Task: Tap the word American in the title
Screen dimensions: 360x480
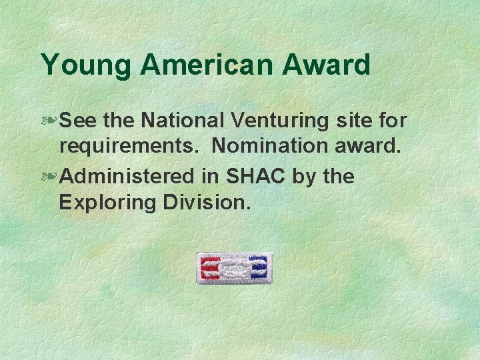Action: pyautogui.click(x=207, y=65)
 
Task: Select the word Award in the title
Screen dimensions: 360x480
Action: pyautogui.click(x=327, y=65)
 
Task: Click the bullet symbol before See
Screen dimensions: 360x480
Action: pyautogui.click(x=49, y=120)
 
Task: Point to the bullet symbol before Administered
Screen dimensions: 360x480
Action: pyautogui.click(x=49, y=177)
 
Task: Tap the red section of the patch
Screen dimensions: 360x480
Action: pyautogui.click(x=211, y=268)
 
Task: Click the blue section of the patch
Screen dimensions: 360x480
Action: pyautogui.click(x=258, y=268)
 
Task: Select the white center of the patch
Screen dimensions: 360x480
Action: pyautogui.click(x=234, y=268)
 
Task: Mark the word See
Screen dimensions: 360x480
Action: pyautogui.click(x=79, y=120)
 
